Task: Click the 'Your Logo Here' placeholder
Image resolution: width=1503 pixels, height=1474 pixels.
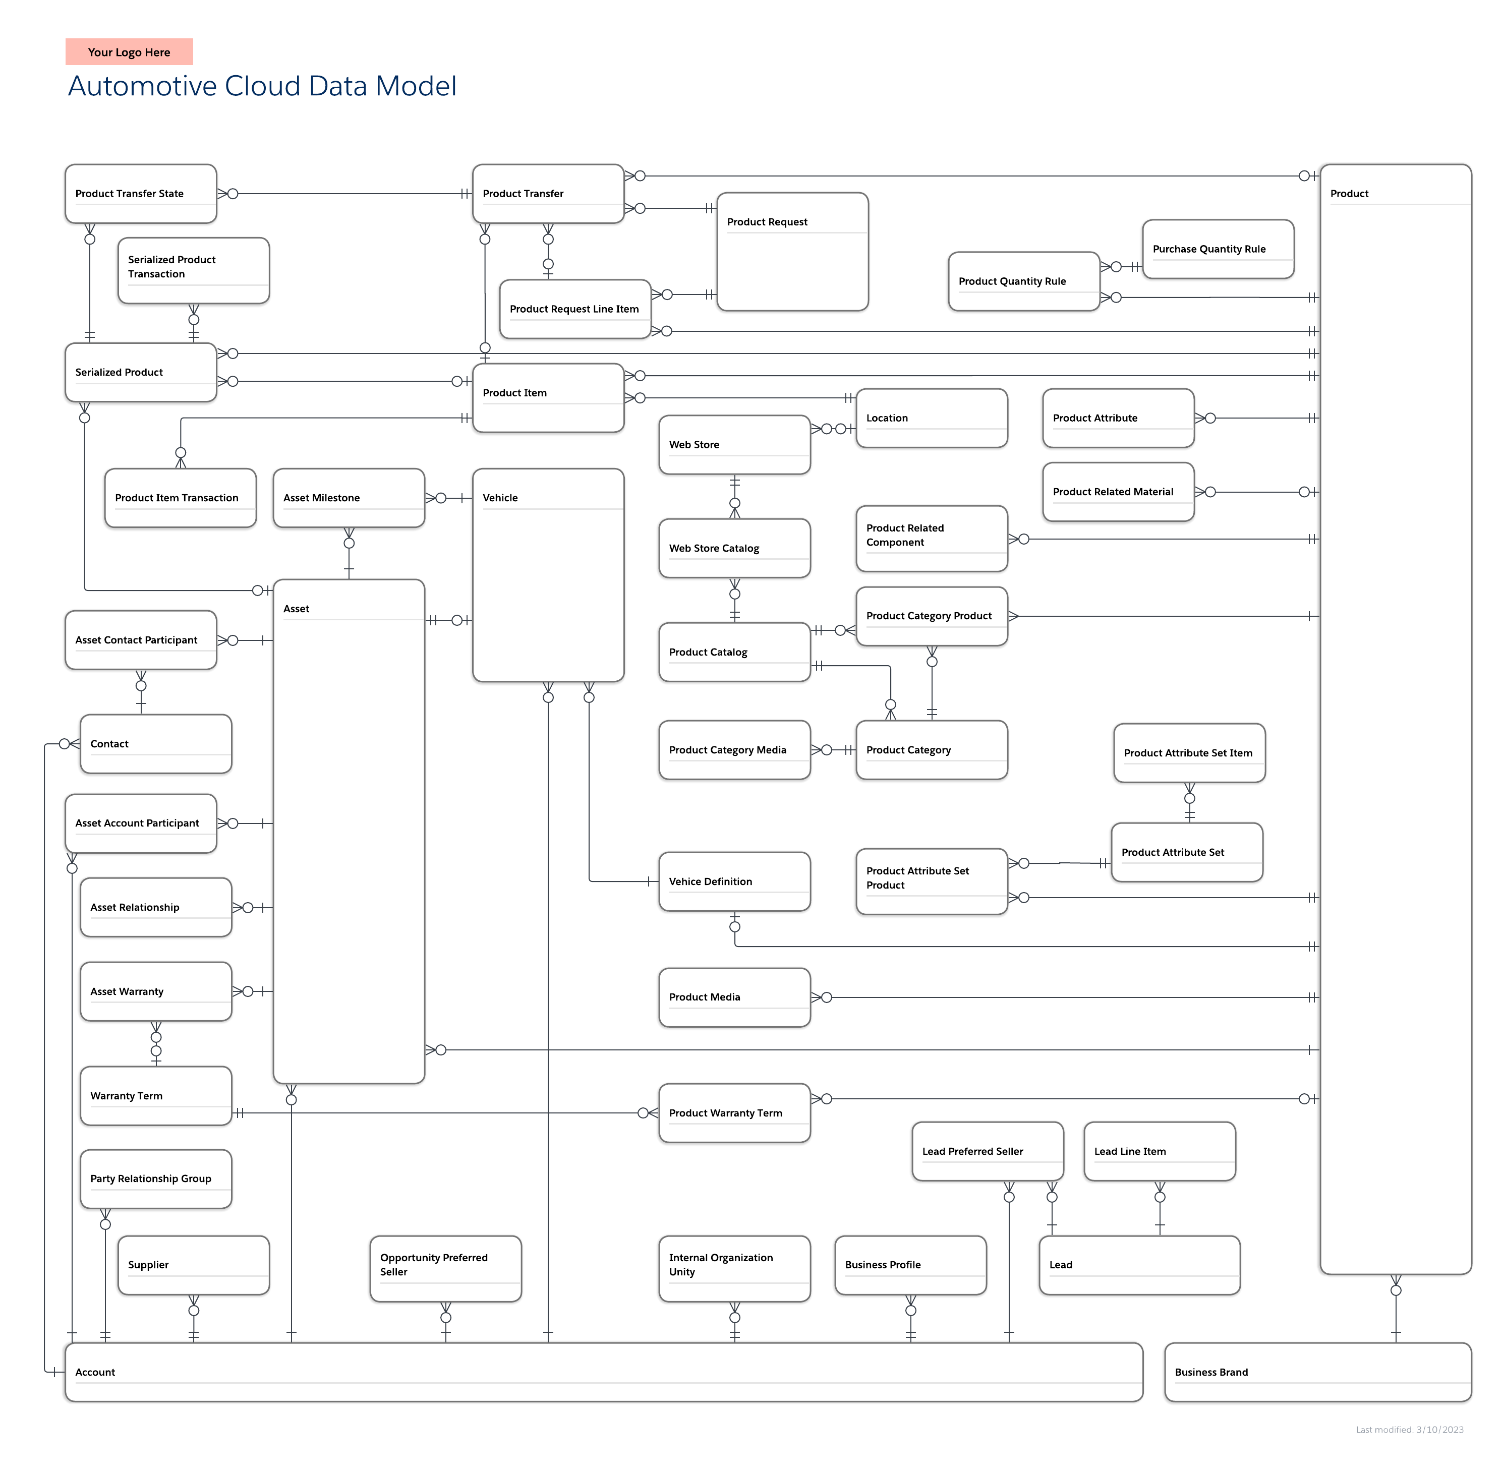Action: [x=129, y=52]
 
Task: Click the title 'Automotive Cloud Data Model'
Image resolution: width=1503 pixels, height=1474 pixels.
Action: [x=262, y=86]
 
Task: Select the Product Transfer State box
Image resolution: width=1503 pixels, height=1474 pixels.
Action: [x=140, y=194]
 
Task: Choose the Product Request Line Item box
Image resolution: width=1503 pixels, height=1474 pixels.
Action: [x=574, y=309]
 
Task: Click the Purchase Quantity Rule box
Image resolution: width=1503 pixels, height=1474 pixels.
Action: [x=1217, y=249]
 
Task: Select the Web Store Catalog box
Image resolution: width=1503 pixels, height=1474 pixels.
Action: [x=733, y=548]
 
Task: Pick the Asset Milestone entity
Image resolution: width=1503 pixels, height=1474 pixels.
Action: [x=349, y=498]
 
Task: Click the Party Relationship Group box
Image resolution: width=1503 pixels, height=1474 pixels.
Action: [x=156, y=1178]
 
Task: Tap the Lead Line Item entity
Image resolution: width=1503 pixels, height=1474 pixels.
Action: [x=1159, y=1151]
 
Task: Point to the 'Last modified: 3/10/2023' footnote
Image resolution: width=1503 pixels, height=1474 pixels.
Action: [x=1409, y=1430]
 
